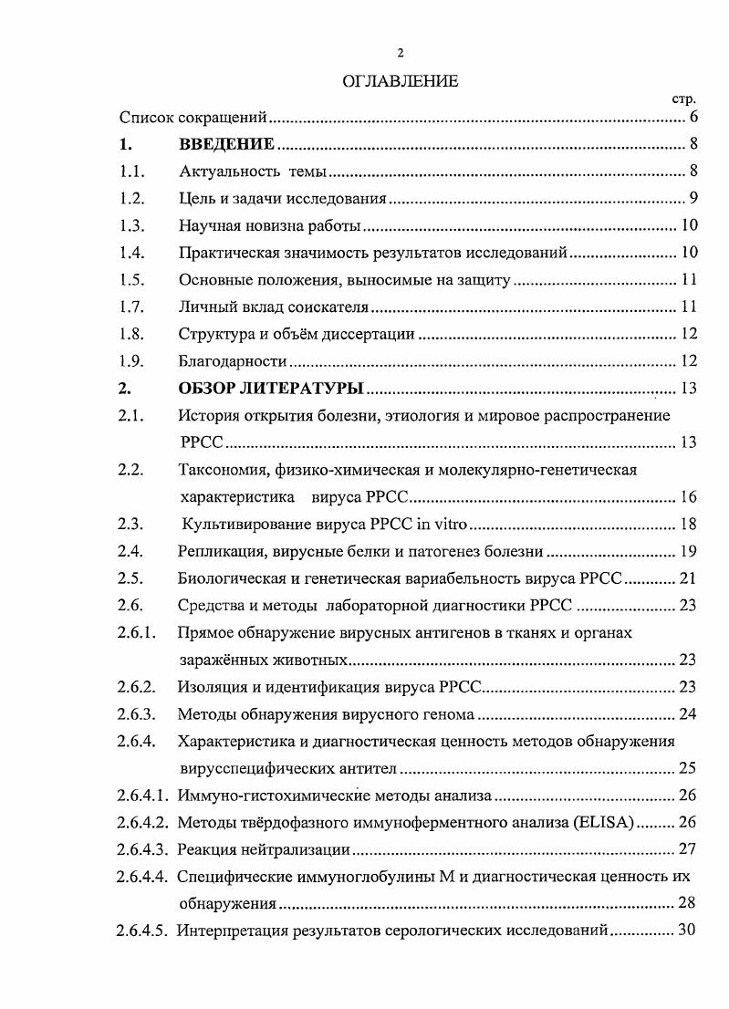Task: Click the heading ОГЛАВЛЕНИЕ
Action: pos(400,82)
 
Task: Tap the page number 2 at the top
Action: pos(400,52)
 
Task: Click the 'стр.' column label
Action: pos(683,99)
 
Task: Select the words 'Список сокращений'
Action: pos(194,117)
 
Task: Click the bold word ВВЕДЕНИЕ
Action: pos(227,144)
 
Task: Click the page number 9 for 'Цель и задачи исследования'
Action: pos(693,198)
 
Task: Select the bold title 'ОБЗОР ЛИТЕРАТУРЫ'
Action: pos(271,390)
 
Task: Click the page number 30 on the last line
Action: pos(688,931)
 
